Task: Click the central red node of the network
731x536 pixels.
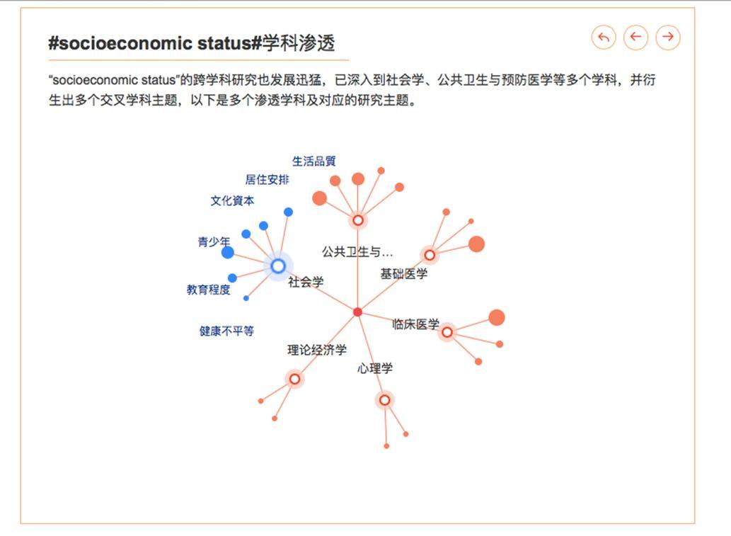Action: coord(357,312)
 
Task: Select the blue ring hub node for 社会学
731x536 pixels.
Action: coord(278,266)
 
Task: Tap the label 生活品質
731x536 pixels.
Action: coord(314,161)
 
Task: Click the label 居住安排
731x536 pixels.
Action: coord(267,180)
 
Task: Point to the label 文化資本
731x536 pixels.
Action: coord(232,201)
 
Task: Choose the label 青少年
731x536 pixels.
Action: coord(214,242)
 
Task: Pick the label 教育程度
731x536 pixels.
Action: coord(209,290)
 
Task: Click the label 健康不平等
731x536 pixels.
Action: coord(226,331)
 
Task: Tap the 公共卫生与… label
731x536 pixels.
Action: coord(357,251)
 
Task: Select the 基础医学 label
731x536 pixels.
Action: coord(404,273)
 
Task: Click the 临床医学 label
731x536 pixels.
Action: coord(416,324)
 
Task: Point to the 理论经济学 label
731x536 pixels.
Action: coord(317,350)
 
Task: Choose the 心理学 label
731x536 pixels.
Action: coord(375,368)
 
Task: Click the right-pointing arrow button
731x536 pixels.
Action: coord(667,37)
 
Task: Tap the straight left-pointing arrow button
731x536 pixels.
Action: coord(635,37)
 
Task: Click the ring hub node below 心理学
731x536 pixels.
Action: coord(384,400)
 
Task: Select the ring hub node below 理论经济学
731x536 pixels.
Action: coord(294,379)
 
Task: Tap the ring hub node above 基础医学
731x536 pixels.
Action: coord(429,255)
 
